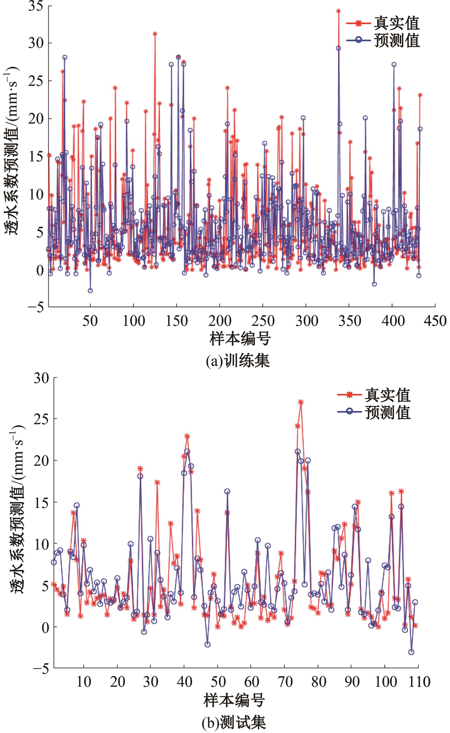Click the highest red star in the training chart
tap(338, 11)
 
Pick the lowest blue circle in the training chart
tap(90, 291)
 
